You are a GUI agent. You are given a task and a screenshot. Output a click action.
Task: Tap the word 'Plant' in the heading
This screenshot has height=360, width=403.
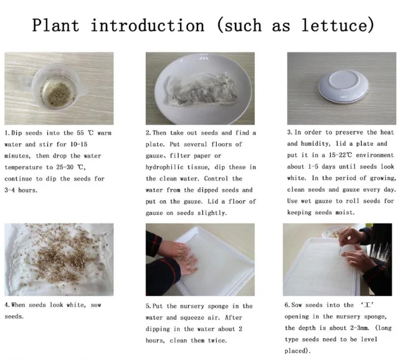point(55,25)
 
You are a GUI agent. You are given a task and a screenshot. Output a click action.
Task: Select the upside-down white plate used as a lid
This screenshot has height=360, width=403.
point(343,86)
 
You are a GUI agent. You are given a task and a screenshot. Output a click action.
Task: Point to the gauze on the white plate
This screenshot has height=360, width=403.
point(200,90)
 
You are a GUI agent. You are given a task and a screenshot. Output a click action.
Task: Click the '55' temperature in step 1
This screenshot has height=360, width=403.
point(80,133)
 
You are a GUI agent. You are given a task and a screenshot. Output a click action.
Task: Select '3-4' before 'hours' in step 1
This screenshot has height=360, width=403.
point(9,190)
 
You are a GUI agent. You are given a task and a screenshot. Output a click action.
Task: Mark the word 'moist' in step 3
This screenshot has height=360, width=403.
point(345,212)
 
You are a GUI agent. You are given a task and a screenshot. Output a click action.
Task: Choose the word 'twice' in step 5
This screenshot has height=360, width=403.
point(217,341)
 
